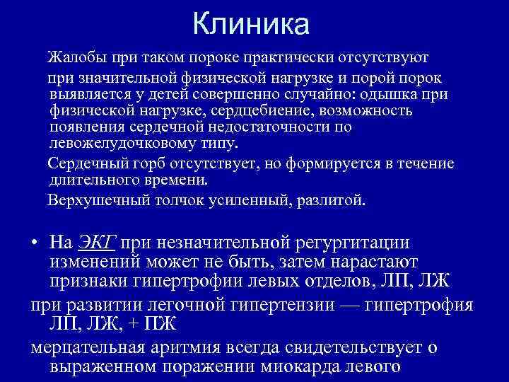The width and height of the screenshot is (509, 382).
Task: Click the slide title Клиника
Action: point(251,24)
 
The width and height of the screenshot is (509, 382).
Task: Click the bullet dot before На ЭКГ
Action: point(35,244)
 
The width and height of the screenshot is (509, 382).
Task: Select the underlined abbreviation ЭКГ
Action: point(95,243)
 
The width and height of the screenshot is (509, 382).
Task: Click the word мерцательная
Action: point(93,347)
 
